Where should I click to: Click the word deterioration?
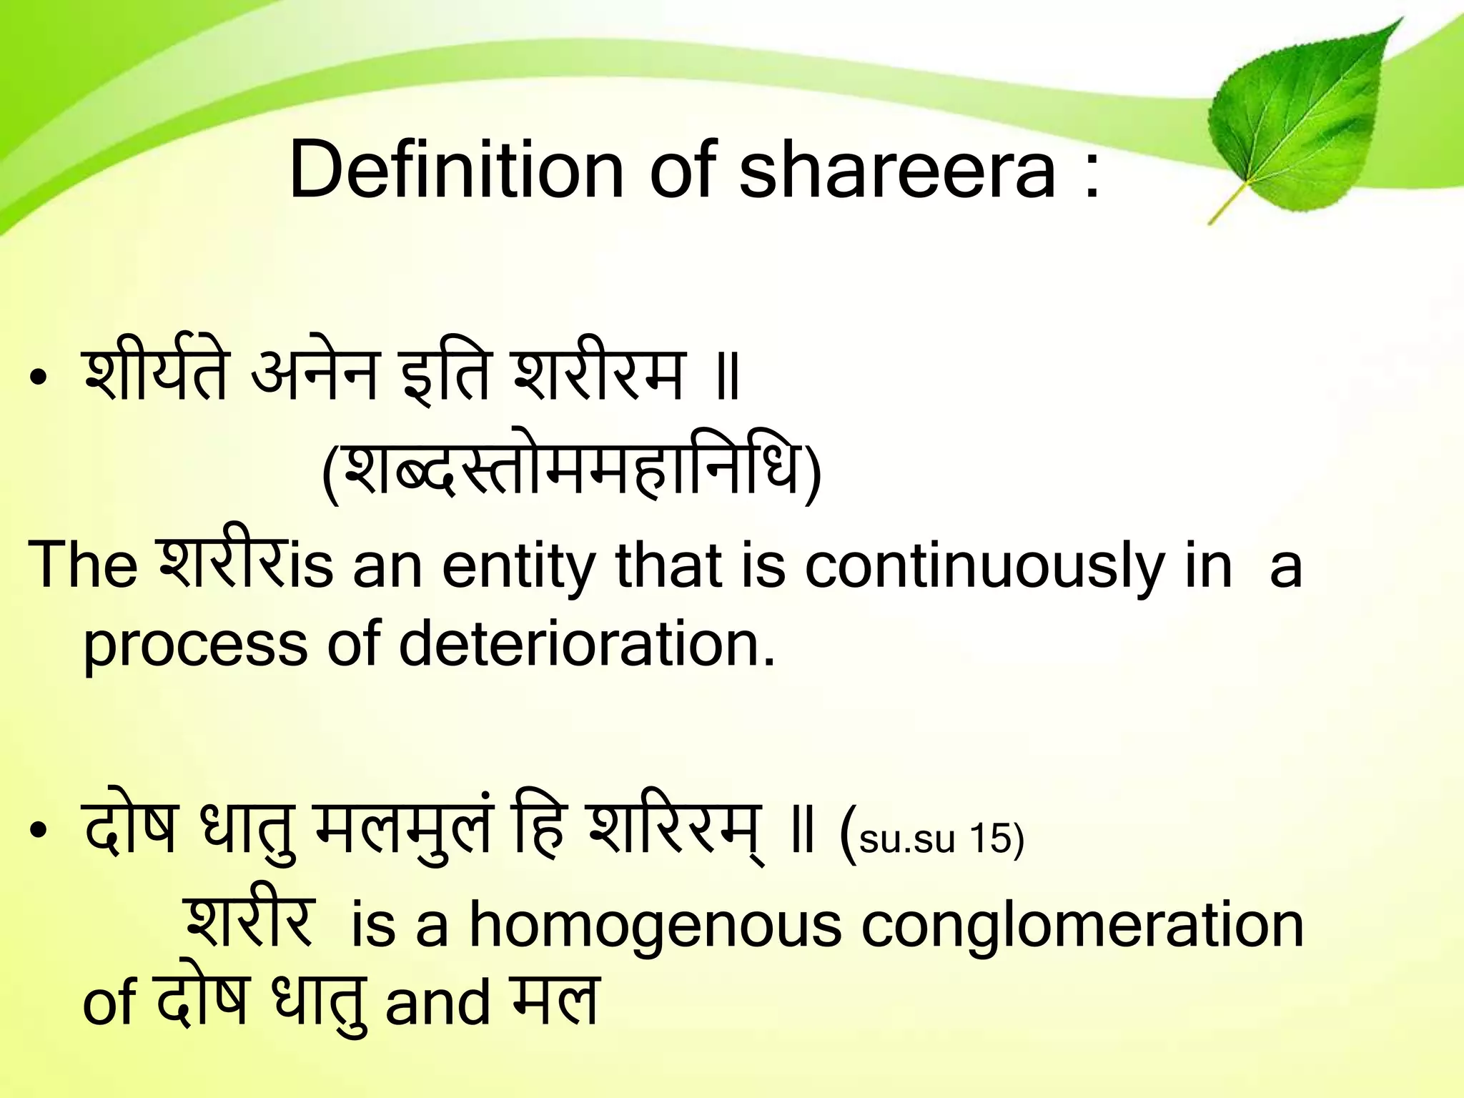tap(586, 643)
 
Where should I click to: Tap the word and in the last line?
tap(437, 1003)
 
